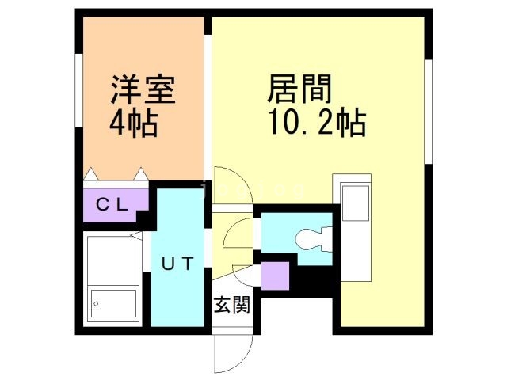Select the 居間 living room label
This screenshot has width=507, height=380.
(299, 86)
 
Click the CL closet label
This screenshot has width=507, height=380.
(112, 204)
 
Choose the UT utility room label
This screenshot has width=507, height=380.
(177, 264)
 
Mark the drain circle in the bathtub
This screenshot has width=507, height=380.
(97, 302)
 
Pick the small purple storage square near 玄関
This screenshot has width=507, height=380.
(275, 275)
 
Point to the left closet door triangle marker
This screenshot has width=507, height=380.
(91, 173)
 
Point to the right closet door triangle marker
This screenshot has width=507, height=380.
(140, 173)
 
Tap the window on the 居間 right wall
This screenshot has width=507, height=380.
(428, 111)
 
